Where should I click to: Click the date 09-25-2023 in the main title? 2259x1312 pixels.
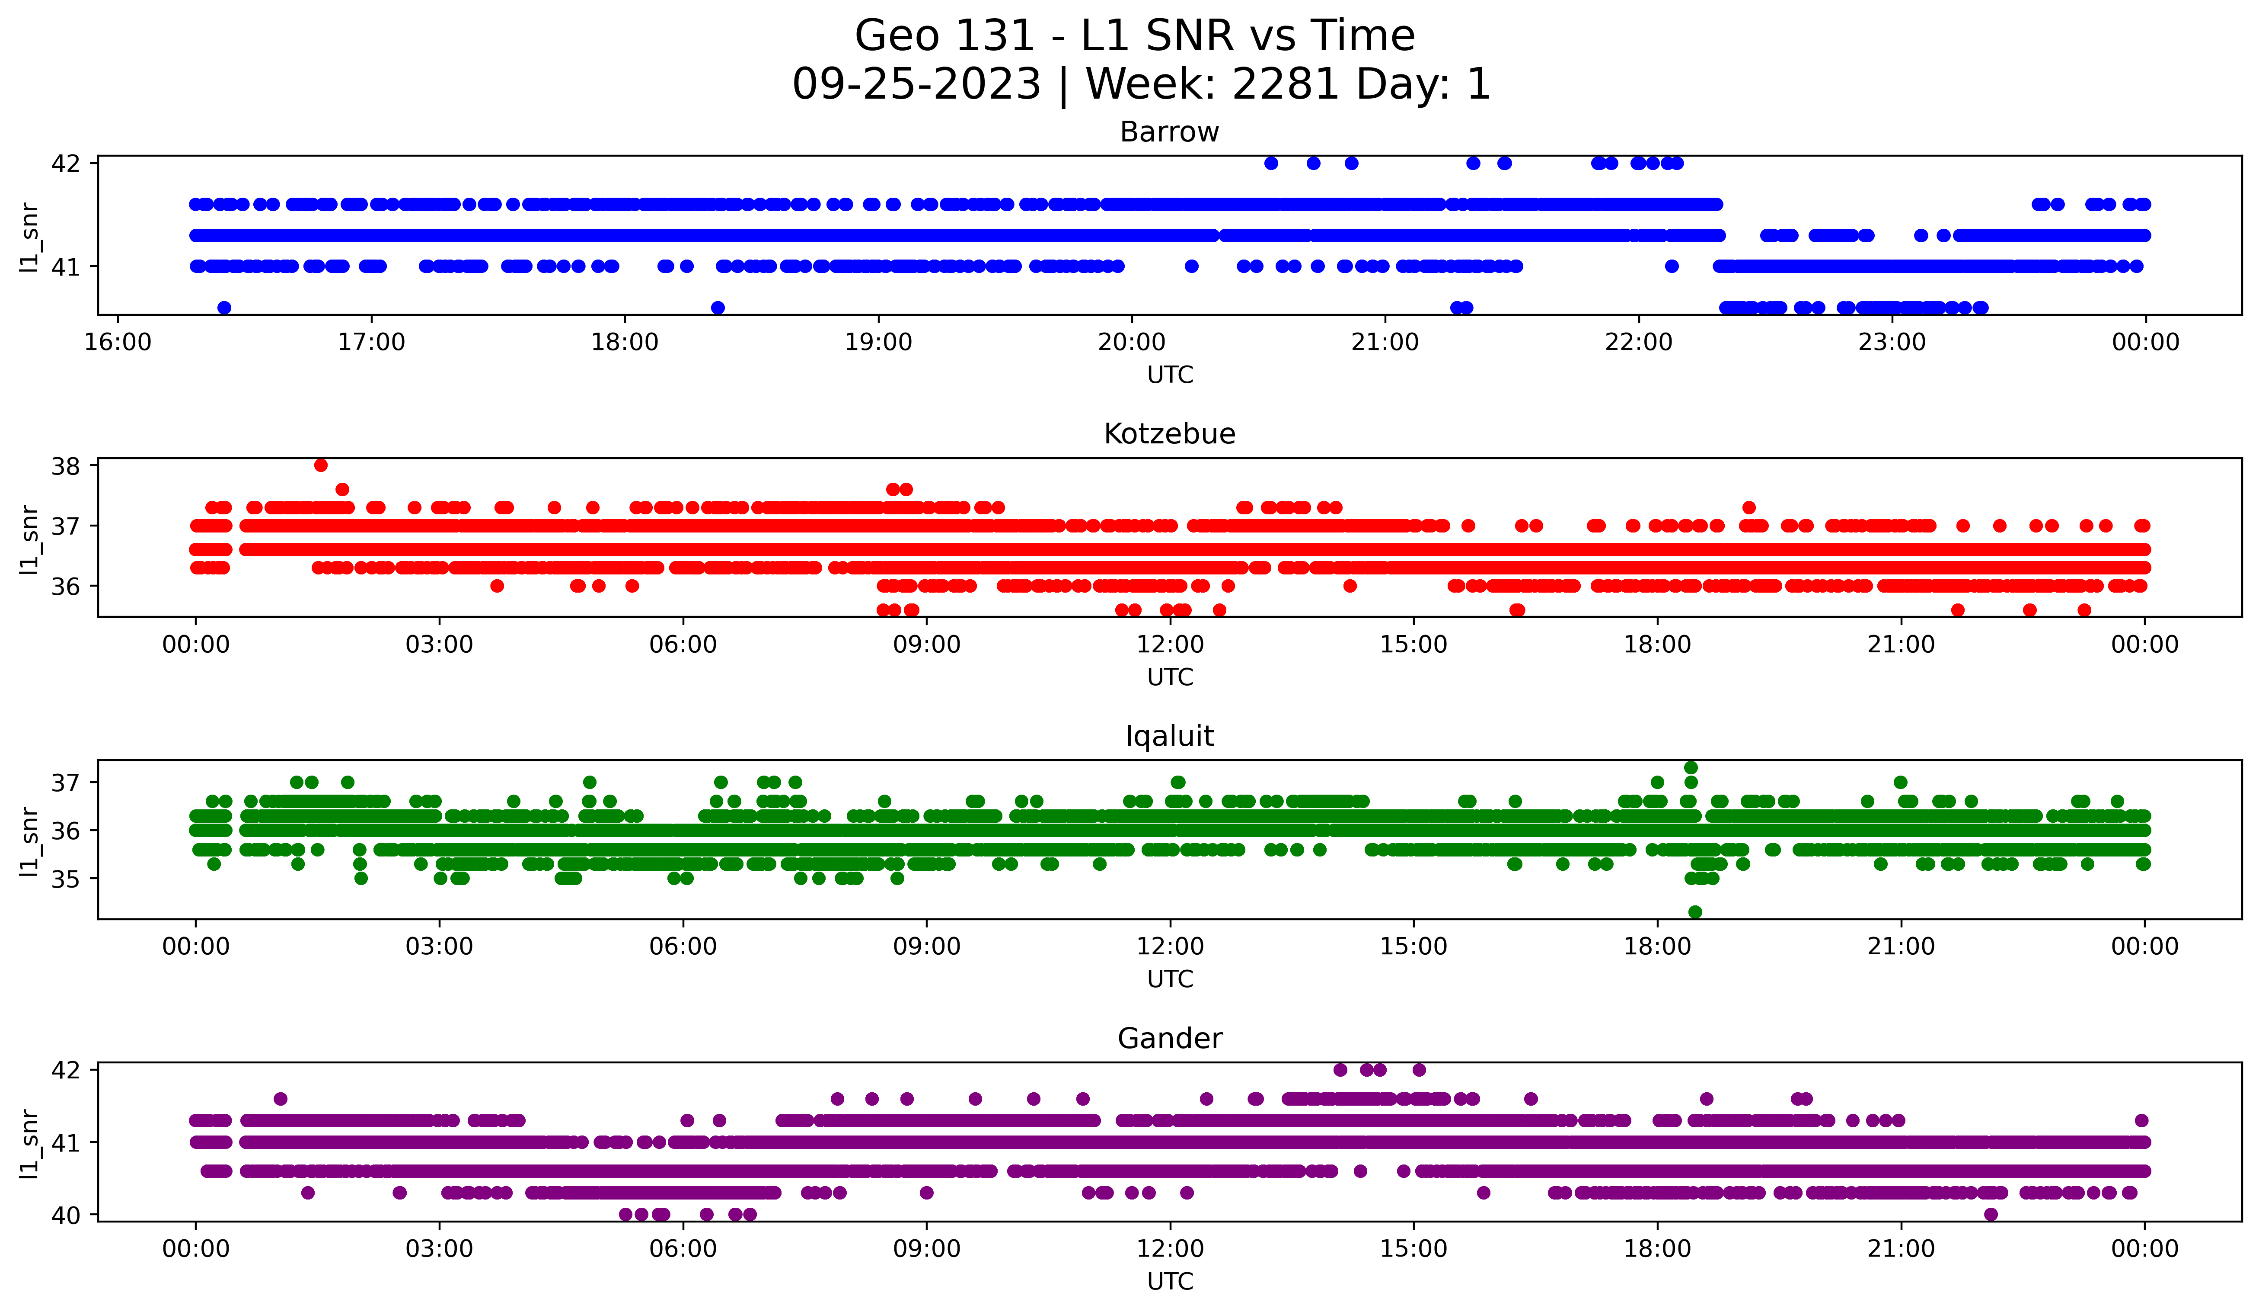(x=916, y=84)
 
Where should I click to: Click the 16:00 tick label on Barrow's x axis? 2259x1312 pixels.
(x=118, y=343)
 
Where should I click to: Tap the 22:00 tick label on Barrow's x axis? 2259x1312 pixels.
(x=1639, y=343)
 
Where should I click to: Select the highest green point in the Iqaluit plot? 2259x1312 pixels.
(x=1691, y=768)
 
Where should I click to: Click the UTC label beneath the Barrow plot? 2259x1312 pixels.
(x=1170, y=375)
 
